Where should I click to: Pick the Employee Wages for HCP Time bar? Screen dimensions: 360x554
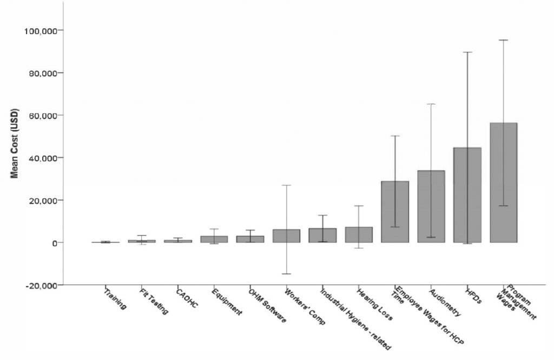click(x=395, y=212)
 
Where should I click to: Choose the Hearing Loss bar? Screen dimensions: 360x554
click(x=359, y=234)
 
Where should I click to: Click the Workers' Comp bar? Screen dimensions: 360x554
click(x=286, y=236)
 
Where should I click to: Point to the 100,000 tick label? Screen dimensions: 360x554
click(x=41, y=30)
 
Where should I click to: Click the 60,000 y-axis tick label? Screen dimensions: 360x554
click(x=43, y=115)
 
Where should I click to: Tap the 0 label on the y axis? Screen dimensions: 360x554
click(x=55, y=243)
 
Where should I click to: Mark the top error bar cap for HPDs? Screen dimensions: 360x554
click(x=467, y=52)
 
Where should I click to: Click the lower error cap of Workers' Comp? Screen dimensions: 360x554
click(x=286, y=274)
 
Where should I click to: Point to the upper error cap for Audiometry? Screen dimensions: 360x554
click(x=431, y=104)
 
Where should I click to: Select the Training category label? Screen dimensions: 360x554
click(x=115, y=299)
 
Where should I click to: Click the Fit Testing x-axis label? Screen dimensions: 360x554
click(x=154, y=302)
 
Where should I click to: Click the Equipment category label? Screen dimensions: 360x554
click(x=227, y=302)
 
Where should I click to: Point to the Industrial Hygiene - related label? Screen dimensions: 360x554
click(x=355, y=318)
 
